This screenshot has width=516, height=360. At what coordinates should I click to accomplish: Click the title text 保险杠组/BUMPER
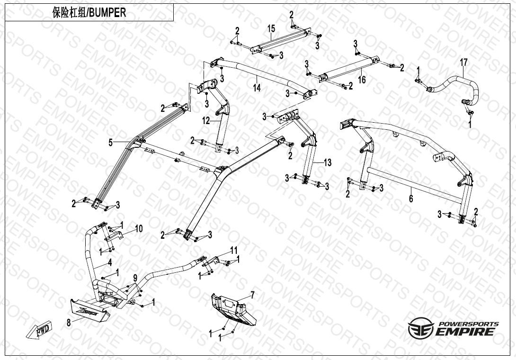[x=89, y=13]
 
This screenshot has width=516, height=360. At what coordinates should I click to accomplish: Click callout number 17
[x=464, y=63]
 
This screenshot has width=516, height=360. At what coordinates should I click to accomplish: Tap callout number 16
[x=362, y=80]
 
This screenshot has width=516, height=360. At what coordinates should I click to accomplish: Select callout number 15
[x=271, y=29]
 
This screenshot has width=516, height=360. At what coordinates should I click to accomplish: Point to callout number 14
[x=257, y=88]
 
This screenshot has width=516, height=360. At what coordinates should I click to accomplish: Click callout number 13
[x=328, y=162]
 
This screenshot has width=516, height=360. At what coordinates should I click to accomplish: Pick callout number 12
[x=205, y=121]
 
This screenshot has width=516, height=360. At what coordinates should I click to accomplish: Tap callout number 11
[x=233, y=250]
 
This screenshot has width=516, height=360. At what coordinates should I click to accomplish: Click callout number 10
[x=139, y=229]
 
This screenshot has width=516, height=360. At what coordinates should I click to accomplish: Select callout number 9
[x=135, y=279]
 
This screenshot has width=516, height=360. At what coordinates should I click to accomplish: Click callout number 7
[x=252, y=295]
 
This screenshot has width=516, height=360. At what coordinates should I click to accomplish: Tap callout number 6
[x=411, y=198]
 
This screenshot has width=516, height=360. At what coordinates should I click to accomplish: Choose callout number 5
[x=111, y=142]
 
